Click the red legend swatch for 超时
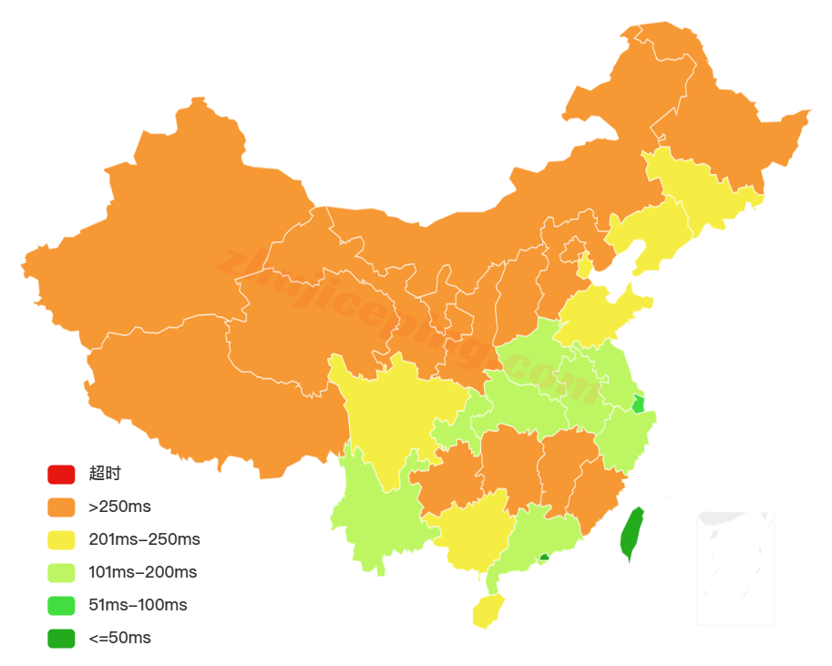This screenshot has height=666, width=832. (61, 474)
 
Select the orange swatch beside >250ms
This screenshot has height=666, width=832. (61, 507)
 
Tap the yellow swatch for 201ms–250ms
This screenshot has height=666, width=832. (61, 539)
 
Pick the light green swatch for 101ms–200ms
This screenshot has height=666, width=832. (61, 572)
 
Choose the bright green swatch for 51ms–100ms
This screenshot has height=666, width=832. (61, 605)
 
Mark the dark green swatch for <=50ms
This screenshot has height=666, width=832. (61, 638)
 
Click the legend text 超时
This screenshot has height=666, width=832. (105, 474)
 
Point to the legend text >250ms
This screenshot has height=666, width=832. (119, 507)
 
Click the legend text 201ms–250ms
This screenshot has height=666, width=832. (144, 539)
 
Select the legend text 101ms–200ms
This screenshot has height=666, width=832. (143, 572)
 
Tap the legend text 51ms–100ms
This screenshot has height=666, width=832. (138, 605)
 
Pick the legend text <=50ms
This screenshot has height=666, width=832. (119, 638)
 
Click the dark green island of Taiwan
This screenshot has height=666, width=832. (632, 534)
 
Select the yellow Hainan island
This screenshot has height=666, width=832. (488, 610)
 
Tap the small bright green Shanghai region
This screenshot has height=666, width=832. (638, 405)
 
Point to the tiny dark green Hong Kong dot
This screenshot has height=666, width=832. (544, 557)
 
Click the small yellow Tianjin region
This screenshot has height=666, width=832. (584, 265)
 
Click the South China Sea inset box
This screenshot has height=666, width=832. (735, 568)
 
